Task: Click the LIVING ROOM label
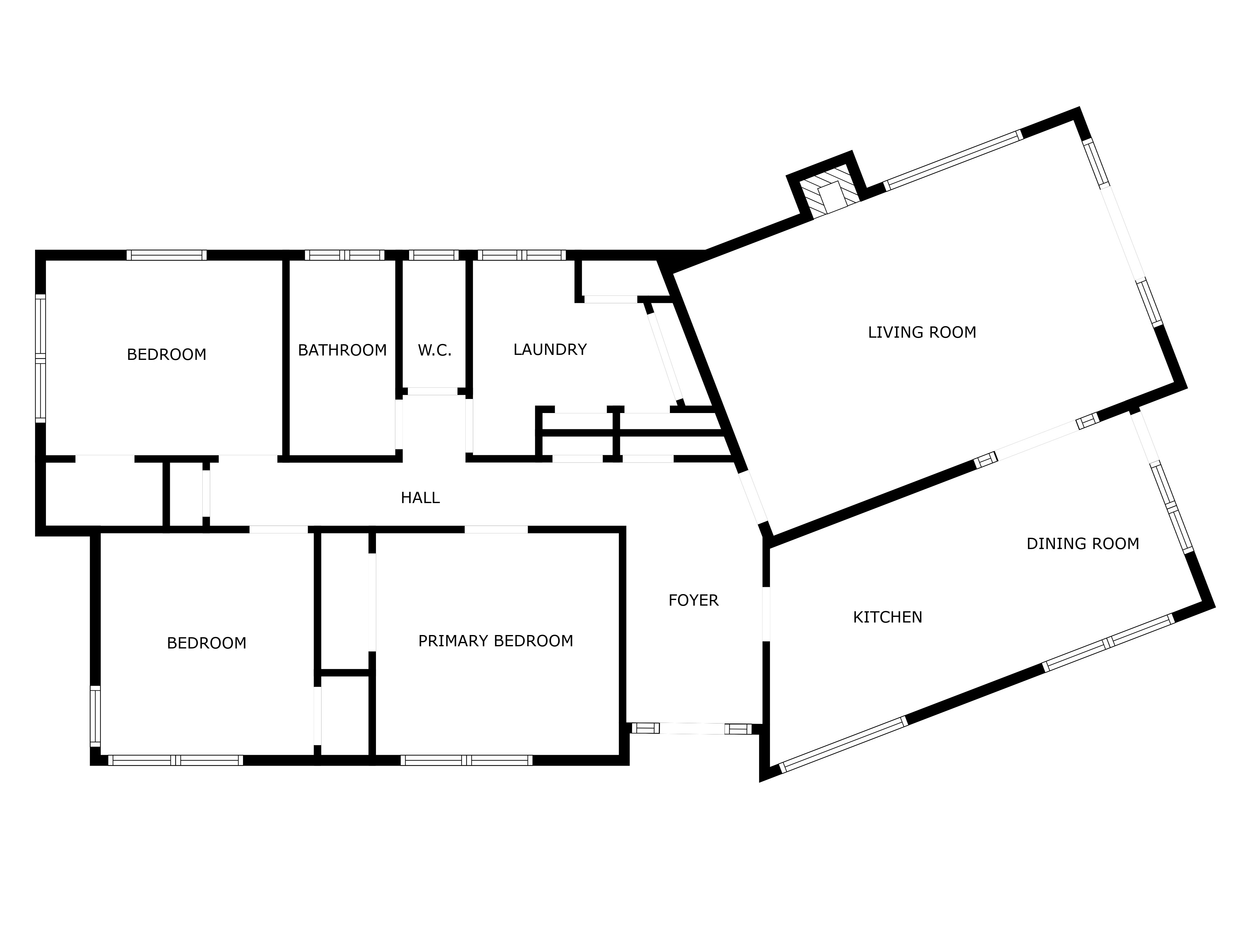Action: [x=922, y=332]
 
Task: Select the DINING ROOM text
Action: [x=1082, y=544]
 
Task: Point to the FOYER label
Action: [x=693, y=600]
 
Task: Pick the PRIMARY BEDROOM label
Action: [x=495, y=641]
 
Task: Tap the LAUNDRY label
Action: [x=550, y=350]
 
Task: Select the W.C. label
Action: [x=434, y=350]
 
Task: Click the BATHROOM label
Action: [x=342, y=350]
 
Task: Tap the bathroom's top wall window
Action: [x=344, y=255]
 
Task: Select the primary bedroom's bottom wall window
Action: [x=467, y=760]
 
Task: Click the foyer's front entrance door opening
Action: [x=692, y=729]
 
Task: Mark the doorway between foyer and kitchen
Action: [x=766, y=615]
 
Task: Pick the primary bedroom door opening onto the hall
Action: [x=496, y=530]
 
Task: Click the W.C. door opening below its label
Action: [x=433, y=391]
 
